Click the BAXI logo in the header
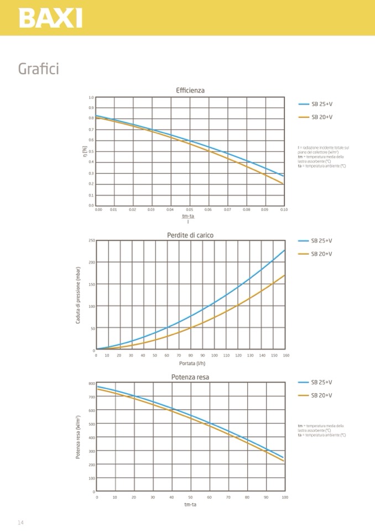pyautogui.click(x=50, y=18)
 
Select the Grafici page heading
pyautogui.click(x=38, y=69)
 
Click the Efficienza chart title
pyautogui.click(x=190, y=90)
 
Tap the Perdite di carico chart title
pyautogui.click(x=190, y=235)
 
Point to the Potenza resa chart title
pyautogui.click(x=190, y=377)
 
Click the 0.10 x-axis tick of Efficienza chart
pyautogui.click(x=284, y=210)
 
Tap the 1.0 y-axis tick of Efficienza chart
pyautogui.click(x=91, y=97)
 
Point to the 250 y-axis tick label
pyautogui.click(x=91, y=240)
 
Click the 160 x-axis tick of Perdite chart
pyautogui.click(x=286, y=355)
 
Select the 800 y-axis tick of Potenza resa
pyautogui.click(x=92, y=383)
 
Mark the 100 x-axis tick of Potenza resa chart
pyautogui.click(x=284, y=497)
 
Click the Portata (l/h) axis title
pyautogui.click(x=190, y=363)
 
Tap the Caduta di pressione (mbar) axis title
pyautogui.click(x=79, y=296)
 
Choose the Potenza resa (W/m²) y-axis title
pyautogui.click(x=79, y=437)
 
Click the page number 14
pyautogui.click(x=20, y=523)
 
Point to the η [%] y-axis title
pyautogui.click(x=85, y=151)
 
